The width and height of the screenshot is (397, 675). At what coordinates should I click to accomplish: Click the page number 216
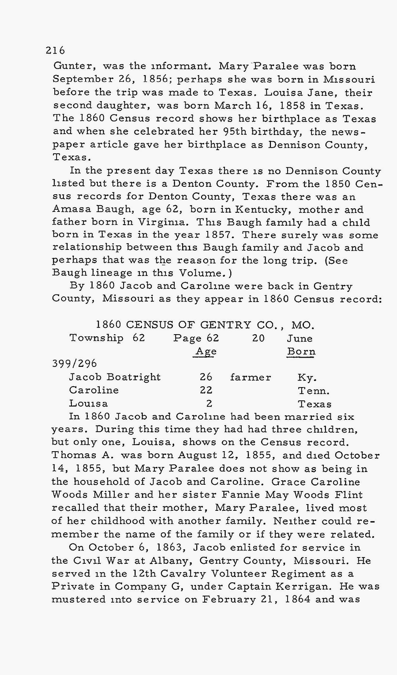55,50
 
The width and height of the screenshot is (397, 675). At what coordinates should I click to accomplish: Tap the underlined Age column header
206,351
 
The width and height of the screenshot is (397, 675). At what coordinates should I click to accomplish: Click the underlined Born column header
301,352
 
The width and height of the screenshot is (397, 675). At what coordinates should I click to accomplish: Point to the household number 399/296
75,364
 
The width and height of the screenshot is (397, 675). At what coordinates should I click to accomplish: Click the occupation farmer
251,377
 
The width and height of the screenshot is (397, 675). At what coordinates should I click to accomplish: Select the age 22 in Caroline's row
206,390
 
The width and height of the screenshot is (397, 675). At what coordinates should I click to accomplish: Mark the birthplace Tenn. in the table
314,391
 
